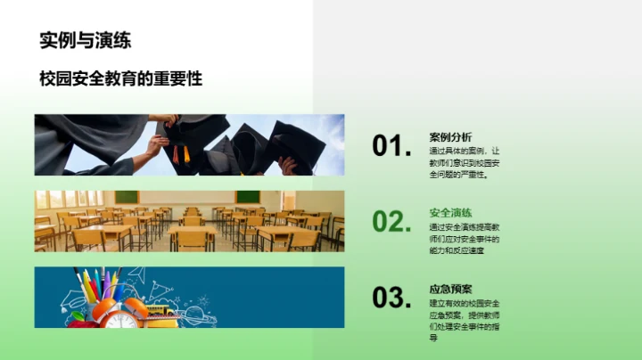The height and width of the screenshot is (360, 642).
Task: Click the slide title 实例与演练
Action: point(91,39)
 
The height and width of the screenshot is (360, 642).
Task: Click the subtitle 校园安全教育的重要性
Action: point(120,78)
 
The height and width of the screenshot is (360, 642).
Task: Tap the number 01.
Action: point(391,146)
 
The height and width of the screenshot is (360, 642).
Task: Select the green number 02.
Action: point(391,222)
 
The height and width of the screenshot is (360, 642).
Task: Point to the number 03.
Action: point(391,299)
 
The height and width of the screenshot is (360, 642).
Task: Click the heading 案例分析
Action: point(450,137)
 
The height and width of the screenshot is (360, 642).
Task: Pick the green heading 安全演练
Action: point(450,213)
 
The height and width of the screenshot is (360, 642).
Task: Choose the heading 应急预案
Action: point(450,289)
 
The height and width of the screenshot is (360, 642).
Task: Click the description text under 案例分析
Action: point(465,162)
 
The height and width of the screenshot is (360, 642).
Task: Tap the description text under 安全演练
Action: point(465,238)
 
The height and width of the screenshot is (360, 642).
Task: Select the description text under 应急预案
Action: point(465,320)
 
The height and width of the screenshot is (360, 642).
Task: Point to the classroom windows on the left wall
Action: point(55,199)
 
